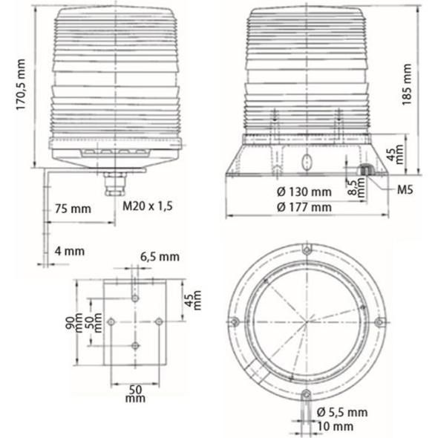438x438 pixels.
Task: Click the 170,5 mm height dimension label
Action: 21,85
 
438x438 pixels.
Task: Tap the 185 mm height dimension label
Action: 407,85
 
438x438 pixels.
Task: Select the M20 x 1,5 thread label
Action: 148,206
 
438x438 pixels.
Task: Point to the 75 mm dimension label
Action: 73,209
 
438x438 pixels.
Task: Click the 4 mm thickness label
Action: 70,251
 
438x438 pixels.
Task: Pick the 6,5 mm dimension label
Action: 160,257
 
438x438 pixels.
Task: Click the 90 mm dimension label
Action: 74,323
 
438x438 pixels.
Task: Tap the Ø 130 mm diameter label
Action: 304,192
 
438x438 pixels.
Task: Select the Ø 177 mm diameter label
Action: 304,207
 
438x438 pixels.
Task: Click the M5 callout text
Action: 405,190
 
